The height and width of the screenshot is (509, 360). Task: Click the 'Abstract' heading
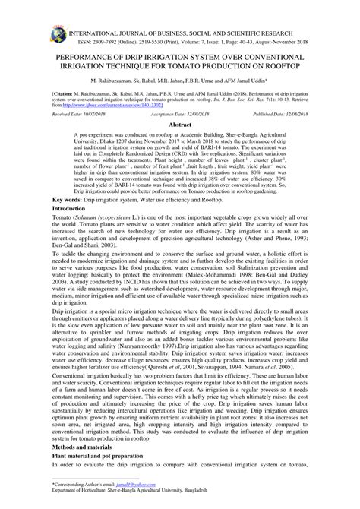click(179, 144)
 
